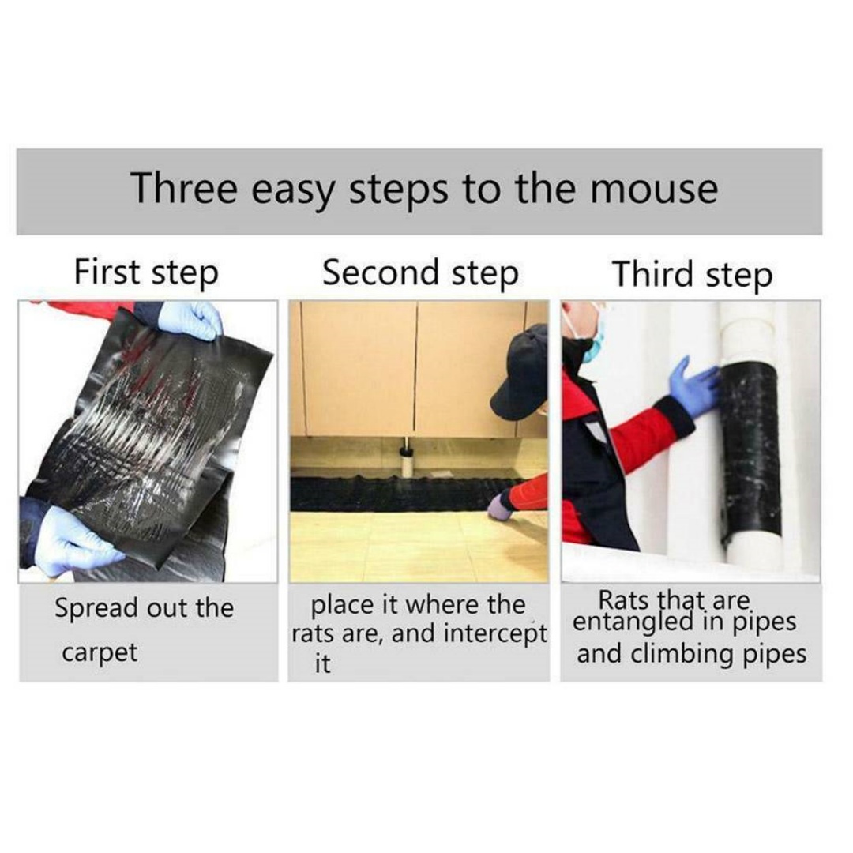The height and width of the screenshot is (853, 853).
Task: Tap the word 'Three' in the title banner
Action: click(185, 187)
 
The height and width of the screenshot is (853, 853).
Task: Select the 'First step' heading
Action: click(146, 273)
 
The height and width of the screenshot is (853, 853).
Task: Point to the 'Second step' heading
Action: click(420, 273)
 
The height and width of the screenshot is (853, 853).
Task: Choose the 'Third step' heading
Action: click(693, 275)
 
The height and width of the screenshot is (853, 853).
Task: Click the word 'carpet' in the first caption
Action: click(100, 653)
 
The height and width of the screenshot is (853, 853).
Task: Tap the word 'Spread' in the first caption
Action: click(96, 609)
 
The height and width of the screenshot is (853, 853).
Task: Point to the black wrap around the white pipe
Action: click(751, 451)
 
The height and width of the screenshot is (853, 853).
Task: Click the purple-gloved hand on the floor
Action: click(501, 506)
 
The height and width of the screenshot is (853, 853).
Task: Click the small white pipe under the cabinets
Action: click(407, 461)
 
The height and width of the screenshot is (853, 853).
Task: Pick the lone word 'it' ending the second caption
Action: click(322, 663)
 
